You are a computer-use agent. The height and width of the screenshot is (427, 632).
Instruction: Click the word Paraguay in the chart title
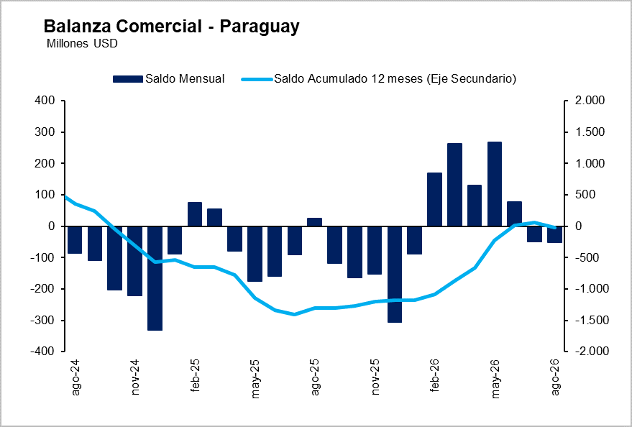(x=260, y=27)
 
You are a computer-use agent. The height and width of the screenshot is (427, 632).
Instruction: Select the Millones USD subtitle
(x=82, y=43)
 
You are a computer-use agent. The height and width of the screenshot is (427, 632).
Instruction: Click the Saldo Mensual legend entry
(x=168, y=78)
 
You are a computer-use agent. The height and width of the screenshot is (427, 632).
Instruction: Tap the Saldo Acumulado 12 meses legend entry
(x=379, y=78)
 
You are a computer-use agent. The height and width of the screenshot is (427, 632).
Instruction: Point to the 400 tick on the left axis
(x=46, y=101)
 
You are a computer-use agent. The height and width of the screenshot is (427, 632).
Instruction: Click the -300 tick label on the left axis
(x=44, y=321)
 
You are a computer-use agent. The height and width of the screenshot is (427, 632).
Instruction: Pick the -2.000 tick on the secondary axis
(x=587, y=352)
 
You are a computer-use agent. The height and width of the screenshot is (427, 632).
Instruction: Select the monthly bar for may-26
(x=495, y=184)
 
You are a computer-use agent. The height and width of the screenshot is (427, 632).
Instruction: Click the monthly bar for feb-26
(x=434, y=199)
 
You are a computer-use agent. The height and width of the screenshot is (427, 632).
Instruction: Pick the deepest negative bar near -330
(x=155, y=278)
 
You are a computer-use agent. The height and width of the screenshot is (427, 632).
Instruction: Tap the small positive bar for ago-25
(x=314, y=222)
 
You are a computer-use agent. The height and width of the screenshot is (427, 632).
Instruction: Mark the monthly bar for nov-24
(x=134, y=261)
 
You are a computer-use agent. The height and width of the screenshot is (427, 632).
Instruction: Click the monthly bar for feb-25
(x=195, y=214)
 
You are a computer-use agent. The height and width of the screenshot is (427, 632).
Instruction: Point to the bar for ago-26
(x=554, y=234)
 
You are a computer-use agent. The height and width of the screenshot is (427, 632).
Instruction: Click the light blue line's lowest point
(x=294, y=314)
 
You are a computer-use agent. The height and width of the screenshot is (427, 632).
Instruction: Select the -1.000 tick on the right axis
(x=587, y=289)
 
